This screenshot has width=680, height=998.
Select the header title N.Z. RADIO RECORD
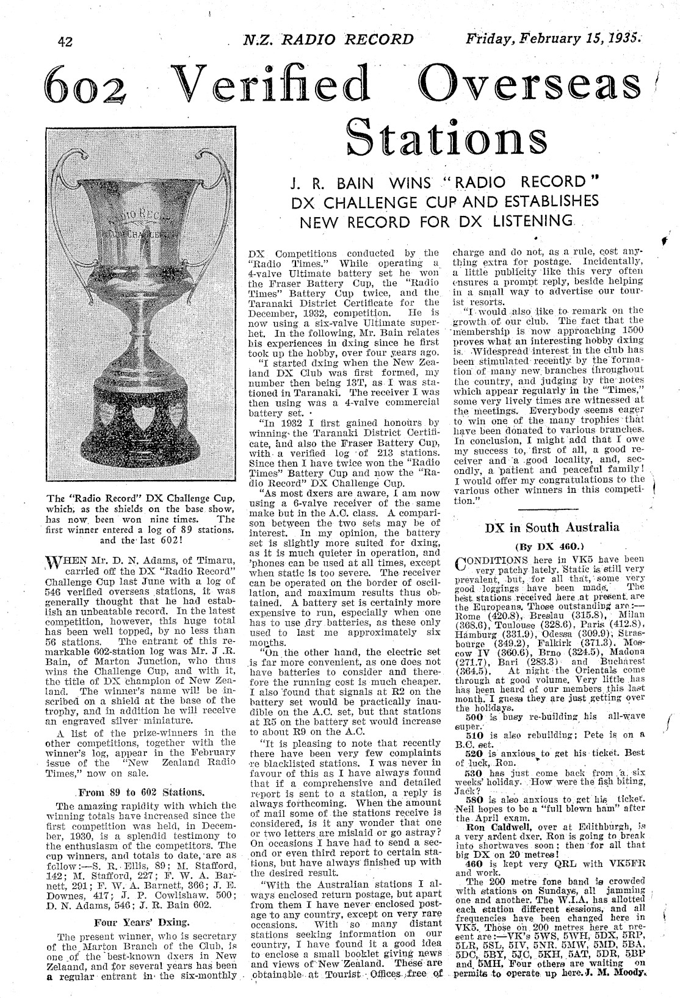coord(328,40)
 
